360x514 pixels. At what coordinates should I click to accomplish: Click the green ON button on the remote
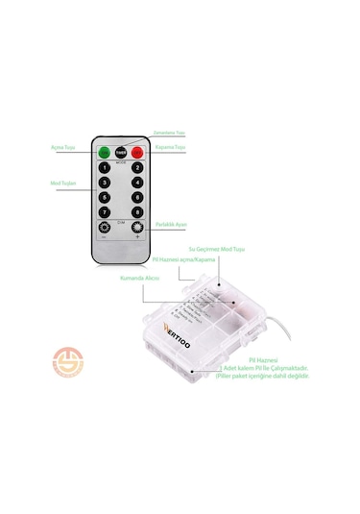[104, 152]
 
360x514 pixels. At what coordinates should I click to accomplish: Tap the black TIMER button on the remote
[121, 152]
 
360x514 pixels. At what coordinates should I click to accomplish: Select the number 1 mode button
[105, 168]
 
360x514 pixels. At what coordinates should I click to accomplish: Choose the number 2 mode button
[137, 168]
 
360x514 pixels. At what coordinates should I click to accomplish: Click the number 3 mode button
[105, 184]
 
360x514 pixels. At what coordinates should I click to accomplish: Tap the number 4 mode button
[137, 184]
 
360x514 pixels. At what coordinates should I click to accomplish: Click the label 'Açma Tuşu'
[62, 148]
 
